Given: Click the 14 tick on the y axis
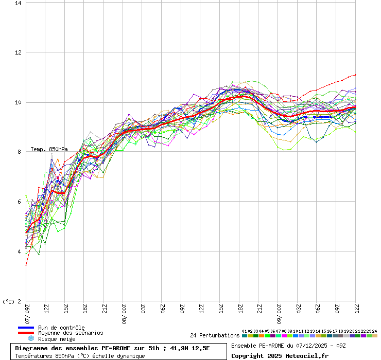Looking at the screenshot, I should tap(19, 3).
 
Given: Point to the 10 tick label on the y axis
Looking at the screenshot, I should tap(19, 102).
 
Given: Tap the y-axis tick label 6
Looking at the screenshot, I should tap(20, 202).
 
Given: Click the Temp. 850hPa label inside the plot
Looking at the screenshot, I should tap(49, 149).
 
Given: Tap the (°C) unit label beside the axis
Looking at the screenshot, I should tap(9, 302).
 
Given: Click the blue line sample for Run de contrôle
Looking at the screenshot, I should tap(26, 328).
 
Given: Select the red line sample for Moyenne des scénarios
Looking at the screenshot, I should tap(26, 333).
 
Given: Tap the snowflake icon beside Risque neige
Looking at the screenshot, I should tap(30, 338).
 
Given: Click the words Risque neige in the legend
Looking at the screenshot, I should tap(57, 339).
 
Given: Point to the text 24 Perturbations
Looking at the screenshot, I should tap(215, 335).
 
